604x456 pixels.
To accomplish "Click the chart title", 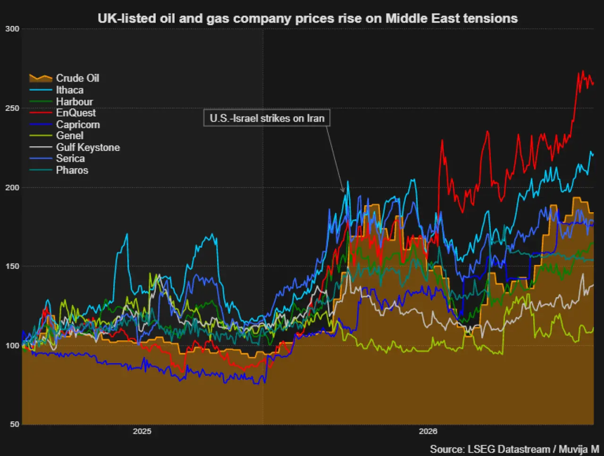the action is click(308, 18).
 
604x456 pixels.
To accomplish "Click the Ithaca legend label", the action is click(70, 90).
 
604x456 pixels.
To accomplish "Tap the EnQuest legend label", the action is click(76, 113).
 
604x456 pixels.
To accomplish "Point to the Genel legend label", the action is click(70, 135).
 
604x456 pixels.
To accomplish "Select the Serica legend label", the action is click(70, 158).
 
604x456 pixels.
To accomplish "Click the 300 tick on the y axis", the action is click(12, 29).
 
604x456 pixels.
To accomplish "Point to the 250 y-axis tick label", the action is click(12, 108).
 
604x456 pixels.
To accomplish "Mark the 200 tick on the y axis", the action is click(12, 188).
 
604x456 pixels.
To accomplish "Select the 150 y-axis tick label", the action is click(12, 266).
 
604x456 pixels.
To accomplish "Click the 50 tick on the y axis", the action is click(15, 424).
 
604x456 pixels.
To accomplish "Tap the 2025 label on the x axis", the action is click(142, 431).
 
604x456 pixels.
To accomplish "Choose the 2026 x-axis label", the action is click(428, 431).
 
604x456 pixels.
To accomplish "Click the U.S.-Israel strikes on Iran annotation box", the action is click(267, 118).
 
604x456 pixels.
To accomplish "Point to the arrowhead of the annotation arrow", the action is click(344, 191).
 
